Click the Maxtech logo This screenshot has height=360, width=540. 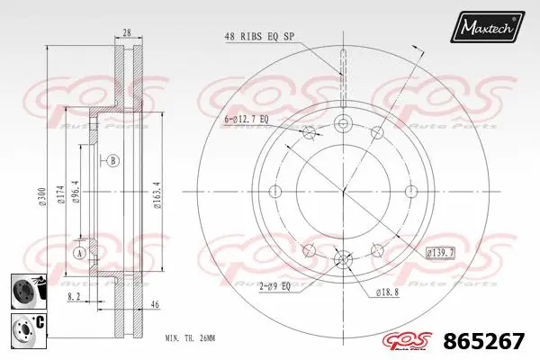[x=489, y=26]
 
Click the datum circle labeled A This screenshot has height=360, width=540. [x=79, y=253]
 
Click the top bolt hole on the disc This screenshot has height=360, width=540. [x=343, y=124]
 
